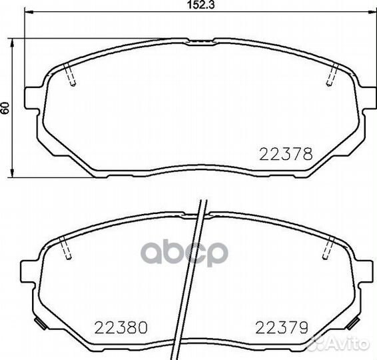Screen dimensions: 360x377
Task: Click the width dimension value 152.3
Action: (196, 6)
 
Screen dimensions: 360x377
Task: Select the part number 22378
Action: (284, 153)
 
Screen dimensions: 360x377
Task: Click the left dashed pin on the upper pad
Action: (71, 75)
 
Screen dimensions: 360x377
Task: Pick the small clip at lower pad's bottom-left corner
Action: (40, 327)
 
